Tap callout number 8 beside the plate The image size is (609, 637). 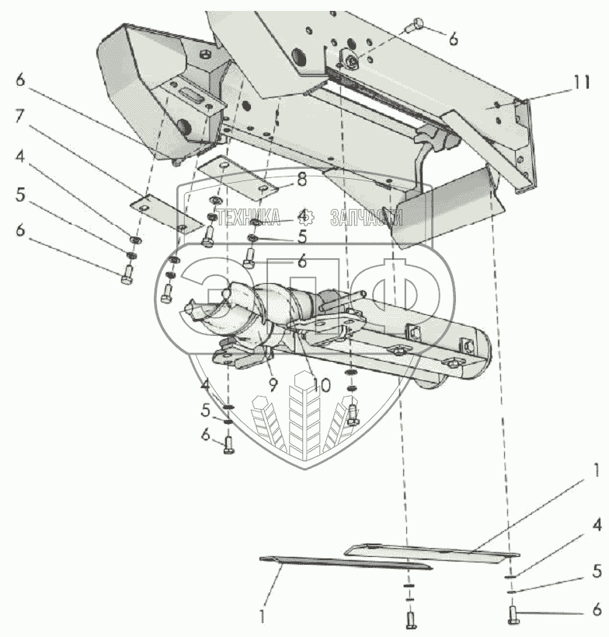click(301, 180)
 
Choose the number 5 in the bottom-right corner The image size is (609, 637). click(596, 572)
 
